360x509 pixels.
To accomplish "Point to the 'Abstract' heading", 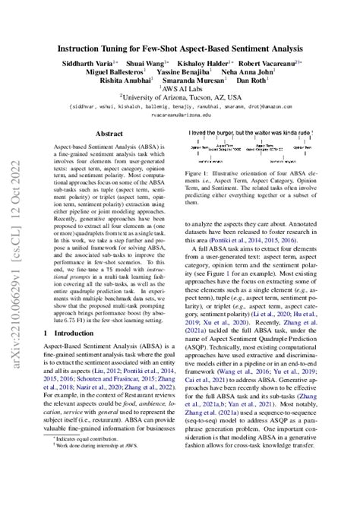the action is click(109, 134).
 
